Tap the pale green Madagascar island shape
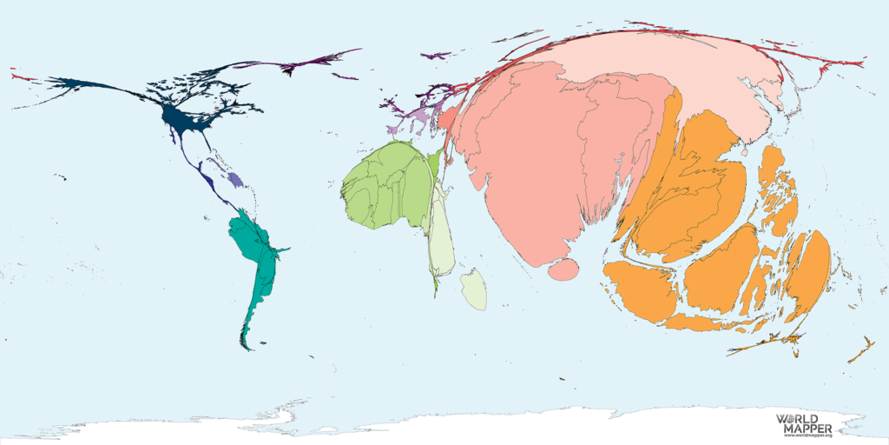[474, 289]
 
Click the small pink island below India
[563, 269]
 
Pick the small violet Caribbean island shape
[234, 180]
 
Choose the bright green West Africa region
[386, 187]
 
